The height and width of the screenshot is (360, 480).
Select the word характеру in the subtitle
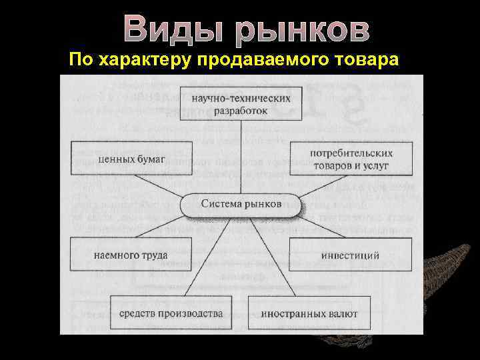(x=144, y=60)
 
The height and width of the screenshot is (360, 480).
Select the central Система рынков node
(x=241, y=203)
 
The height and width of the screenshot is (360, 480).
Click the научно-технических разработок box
(x=241, y=104)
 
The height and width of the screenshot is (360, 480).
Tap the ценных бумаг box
(x=131, y=159)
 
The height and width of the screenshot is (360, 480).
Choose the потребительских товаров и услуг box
(x=351, y=159)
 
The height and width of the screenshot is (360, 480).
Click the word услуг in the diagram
(x=379, y=165)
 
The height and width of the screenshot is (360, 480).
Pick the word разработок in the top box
(x=241, y=110)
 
